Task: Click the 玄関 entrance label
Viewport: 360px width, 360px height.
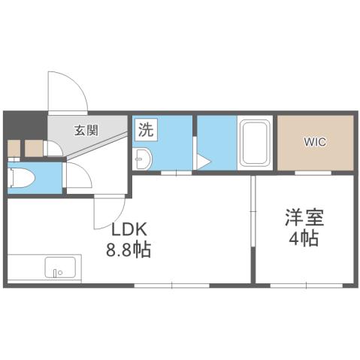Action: [86, 129]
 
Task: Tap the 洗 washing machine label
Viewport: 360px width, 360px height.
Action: [145, 129]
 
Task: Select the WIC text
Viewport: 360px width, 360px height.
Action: [315, 143]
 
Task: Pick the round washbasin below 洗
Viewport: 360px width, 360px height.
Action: [143, 158]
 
